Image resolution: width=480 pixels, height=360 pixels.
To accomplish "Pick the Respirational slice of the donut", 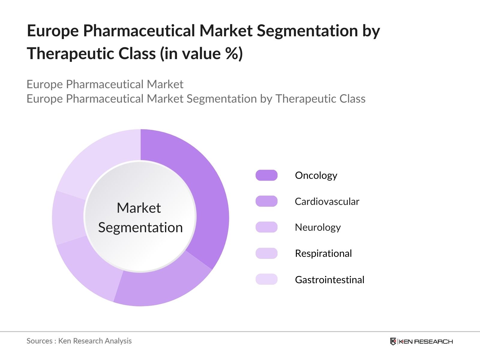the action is (68, 217).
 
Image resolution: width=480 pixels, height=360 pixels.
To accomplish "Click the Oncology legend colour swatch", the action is (266, 175).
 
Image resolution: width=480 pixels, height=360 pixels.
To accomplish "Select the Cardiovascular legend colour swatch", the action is (266, 201).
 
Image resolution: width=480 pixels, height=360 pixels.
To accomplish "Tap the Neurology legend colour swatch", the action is (266, 227).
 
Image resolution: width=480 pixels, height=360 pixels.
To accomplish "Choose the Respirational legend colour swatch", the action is (266, 253).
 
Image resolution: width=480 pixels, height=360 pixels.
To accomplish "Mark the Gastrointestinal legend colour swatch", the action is (266, 279).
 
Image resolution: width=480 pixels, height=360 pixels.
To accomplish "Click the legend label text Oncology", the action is (316, 176).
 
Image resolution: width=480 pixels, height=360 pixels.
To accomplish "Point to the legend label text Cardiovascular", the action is (327, 201).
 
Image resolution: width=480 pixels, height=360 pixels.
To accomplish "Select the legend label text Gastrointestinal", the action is (329, 280).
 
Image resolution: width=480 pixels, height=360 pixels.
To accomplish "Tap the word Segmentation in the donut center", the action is (140, 228).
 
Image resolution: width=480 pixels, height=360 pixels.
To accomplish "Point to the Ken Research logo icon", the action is (393, 341).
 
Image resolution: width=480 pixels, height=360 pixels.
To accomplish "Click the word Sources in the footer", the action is (40, 341).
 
